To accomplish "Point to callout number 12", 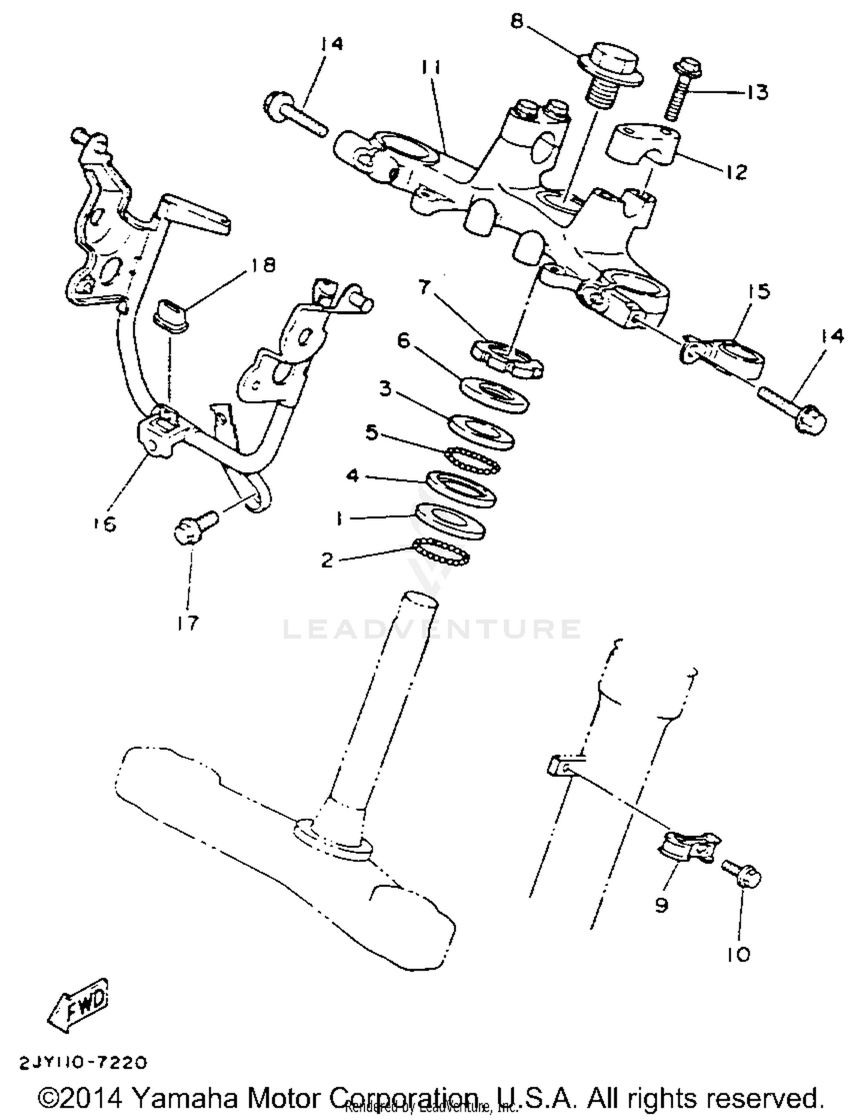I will [x=737, y=172].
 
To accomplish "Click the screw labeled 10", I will [x=743, y=876].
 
